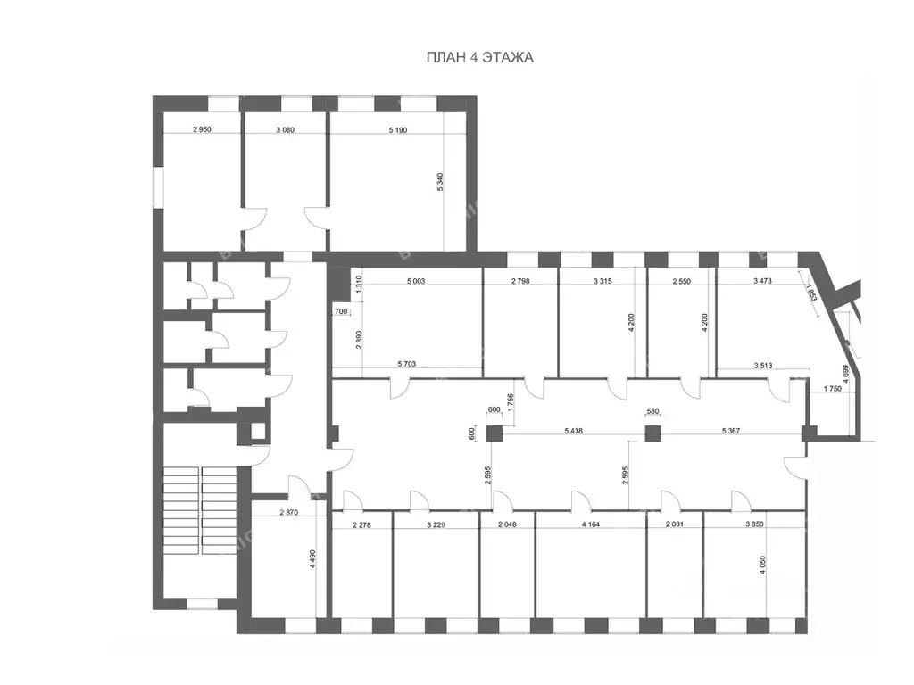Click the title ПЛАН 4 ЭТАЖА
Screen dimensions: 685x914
click(x=479, y=58)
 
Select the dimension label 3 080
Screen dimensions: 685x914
click(x=286, y=129)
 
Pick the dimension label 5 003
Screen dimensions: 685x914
click(x=422, y=282)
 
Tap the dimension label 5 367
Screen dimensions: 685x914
click(x=735, y=431)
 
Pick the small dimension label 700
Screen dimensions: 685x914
click(x=340, y=311)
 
